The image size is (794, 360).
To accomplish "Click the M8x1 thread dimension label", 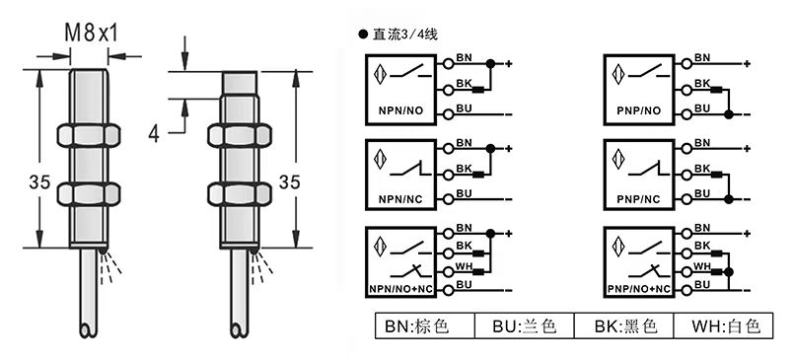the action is [x=91, y=34].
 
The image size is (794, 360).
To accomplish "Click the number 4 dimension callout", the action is [x=154, y=134].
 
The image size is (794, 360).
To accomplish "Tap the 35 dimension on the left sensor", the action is [x=39, y=181].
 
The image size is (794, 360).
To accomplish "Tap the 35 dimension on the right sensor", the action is [x=290, y=181].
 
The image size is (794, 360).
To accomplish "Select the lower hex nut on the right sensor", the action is [x=240, y=194].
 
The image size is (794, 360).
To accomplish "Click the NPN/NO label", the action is [x=399, y=110].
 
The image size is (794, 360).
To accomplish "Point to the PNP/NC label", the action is [x=638, y=199].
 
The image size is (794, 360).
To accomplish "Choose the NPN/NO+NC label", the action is [x=400, y=290].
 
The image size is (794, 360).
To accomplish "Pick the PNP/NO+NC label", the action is [x=639, y=290].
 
